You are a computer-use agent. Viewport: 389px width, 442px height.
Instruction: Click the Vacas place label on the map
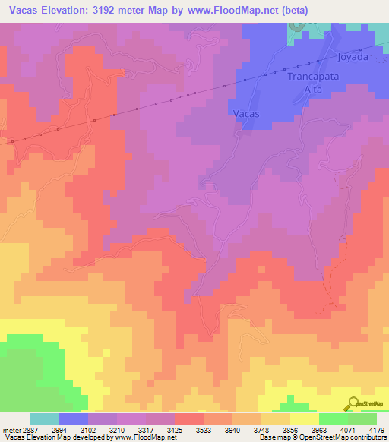246,114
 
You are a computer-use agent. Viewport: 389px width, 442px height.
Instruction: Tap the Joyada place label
353,56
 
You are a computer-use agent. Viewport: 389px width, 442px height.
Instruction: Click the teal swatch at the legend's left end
45,418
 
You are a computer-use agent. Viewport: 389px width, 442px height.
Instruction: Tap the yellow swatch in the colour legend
304,418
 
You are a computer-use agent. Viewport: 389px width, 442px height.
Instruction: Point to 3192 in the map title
104,11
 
